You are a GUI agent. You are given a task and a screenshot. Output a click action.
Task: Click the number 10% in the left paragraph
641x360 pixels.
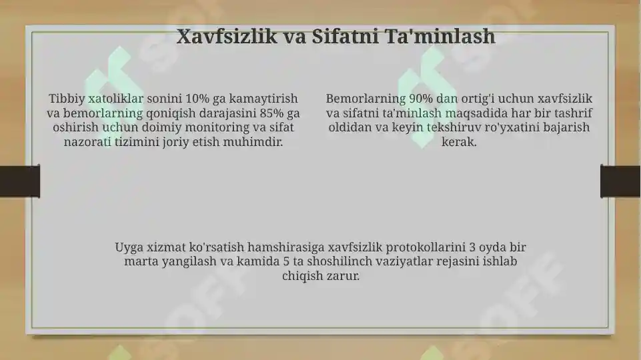point(198,98)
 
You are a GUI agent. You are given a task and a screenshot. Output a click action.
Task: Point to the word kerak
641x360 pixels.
point(459,142)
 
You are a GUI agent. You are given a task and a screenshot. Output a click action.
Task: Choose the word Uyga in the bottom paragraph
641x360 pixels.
point(129,247)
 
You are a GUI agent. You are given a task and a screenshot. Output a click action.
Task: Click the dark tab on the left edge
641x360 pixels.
point(19,181)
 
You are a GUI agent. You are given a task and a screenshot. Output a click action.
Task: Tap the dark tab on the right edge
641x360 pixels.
point(620,181)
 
